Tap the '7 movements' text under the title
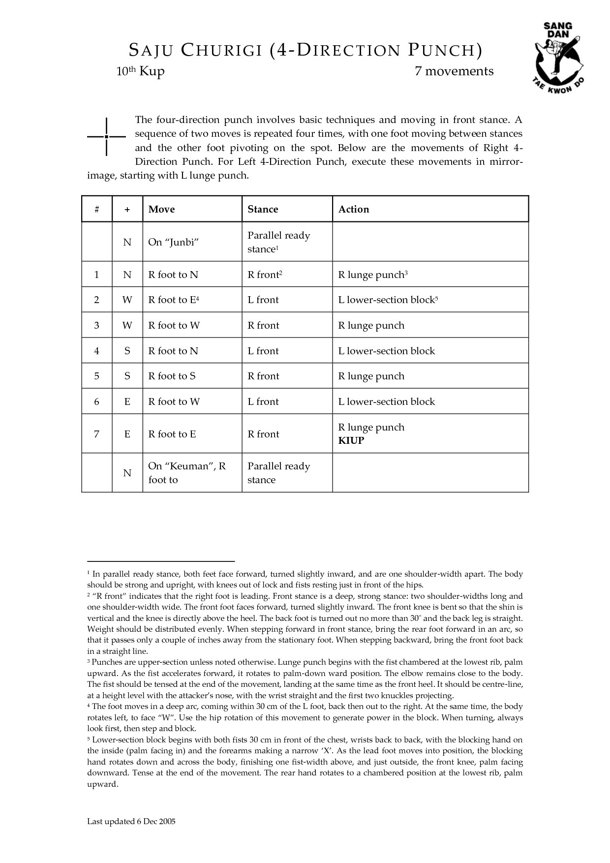tap(454, 71)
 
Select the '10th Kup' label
tap(140, 71)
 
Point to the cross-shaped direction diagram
tap(107, 136)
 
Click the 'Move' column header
tap(161, 209)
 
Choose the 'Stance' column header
tap(263, 209)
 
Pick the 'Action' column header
tap(354, 209)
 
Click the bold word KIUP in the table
tap(351, 440)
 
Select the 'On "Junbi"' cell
tap(173, 242)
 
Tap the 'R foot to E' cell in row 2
tap(173, 300)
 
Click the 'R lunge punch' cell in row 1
tap(373, 275)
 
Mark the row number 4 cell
tap(96, 351)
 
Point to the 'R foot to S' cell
tap(172, 376)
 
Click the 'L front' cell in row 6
tap(263, 401)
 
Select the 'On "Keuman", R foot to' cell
tap(187, 472)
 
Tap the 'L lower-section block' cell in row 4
tap(387, 351)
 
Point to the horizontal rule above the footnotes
tap(161, 561)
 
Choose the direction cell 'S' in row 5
tap(127, 376)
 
